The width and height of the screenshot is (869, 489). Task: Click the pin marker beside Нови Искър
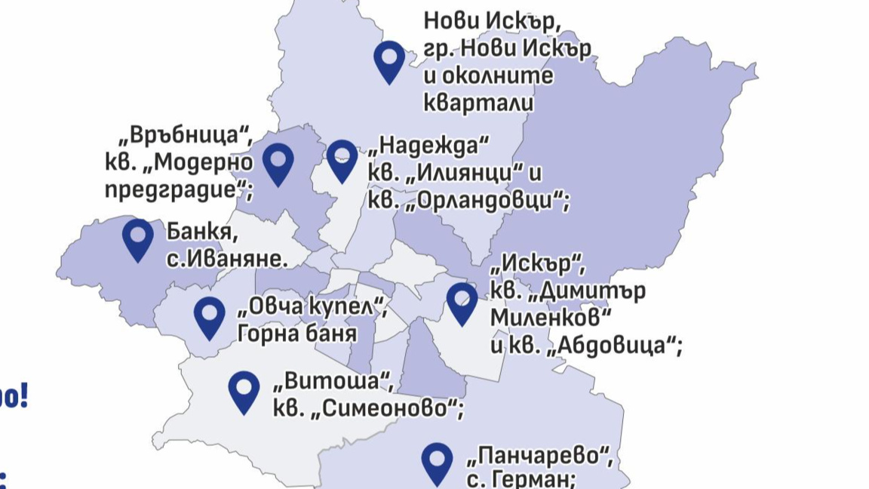(389, 60)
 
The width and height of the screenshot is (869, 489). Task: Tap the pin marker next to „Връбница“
(278, 164)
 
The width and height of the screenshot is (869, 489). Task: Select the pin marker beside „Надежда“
(342, 159)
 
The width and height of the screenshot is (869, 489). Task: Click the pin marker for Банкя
(138, 238)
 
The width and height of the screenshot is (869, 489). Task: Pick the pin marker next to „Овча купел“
(210, 316)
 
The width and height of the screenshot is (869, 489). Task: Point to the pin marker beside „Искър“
(462, 303)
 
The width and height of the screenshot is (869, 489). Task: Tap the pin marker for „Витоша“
(244, 391)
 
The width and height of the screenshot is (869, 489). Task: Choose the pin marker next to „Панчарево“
(437, 462)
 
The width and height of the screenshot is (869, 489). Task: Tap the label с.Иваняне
(227, 258)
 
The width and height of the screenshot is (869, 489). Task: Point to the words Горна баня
(296, 332)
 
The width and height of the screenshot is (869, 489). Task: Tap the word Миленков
(550, 318)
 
